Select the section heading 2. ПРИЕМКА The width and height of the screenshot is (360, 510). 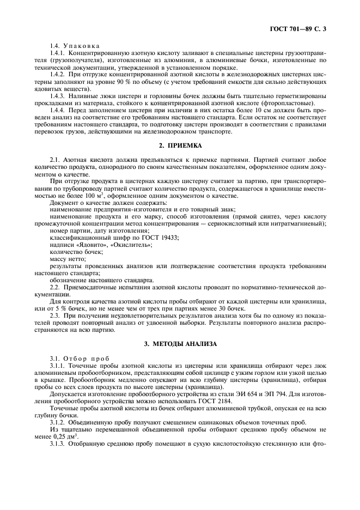180,146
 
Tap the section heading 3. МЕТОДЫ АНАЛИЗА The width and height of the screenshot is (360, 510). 180,344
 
